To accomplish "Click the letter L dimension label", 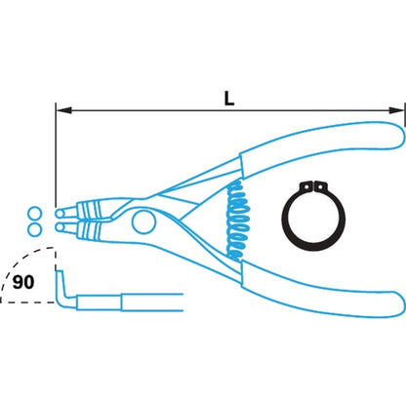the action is [x=229, y=99].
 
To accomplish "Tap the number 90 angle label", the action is [x=23, y=282].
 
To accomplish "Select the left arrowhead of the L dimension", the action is [x=63, y=110].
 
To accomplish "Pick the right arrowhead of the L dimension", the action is [x=397, y=110].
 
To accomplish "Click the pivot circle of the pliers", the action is [x=143, y=222].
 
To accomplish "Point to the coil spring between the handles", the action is [x=238, y=221].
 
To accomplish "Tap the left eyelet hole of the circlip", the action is [x=306, y=186].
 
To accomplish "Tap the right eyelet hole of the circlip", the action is [x=321, y=186].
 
